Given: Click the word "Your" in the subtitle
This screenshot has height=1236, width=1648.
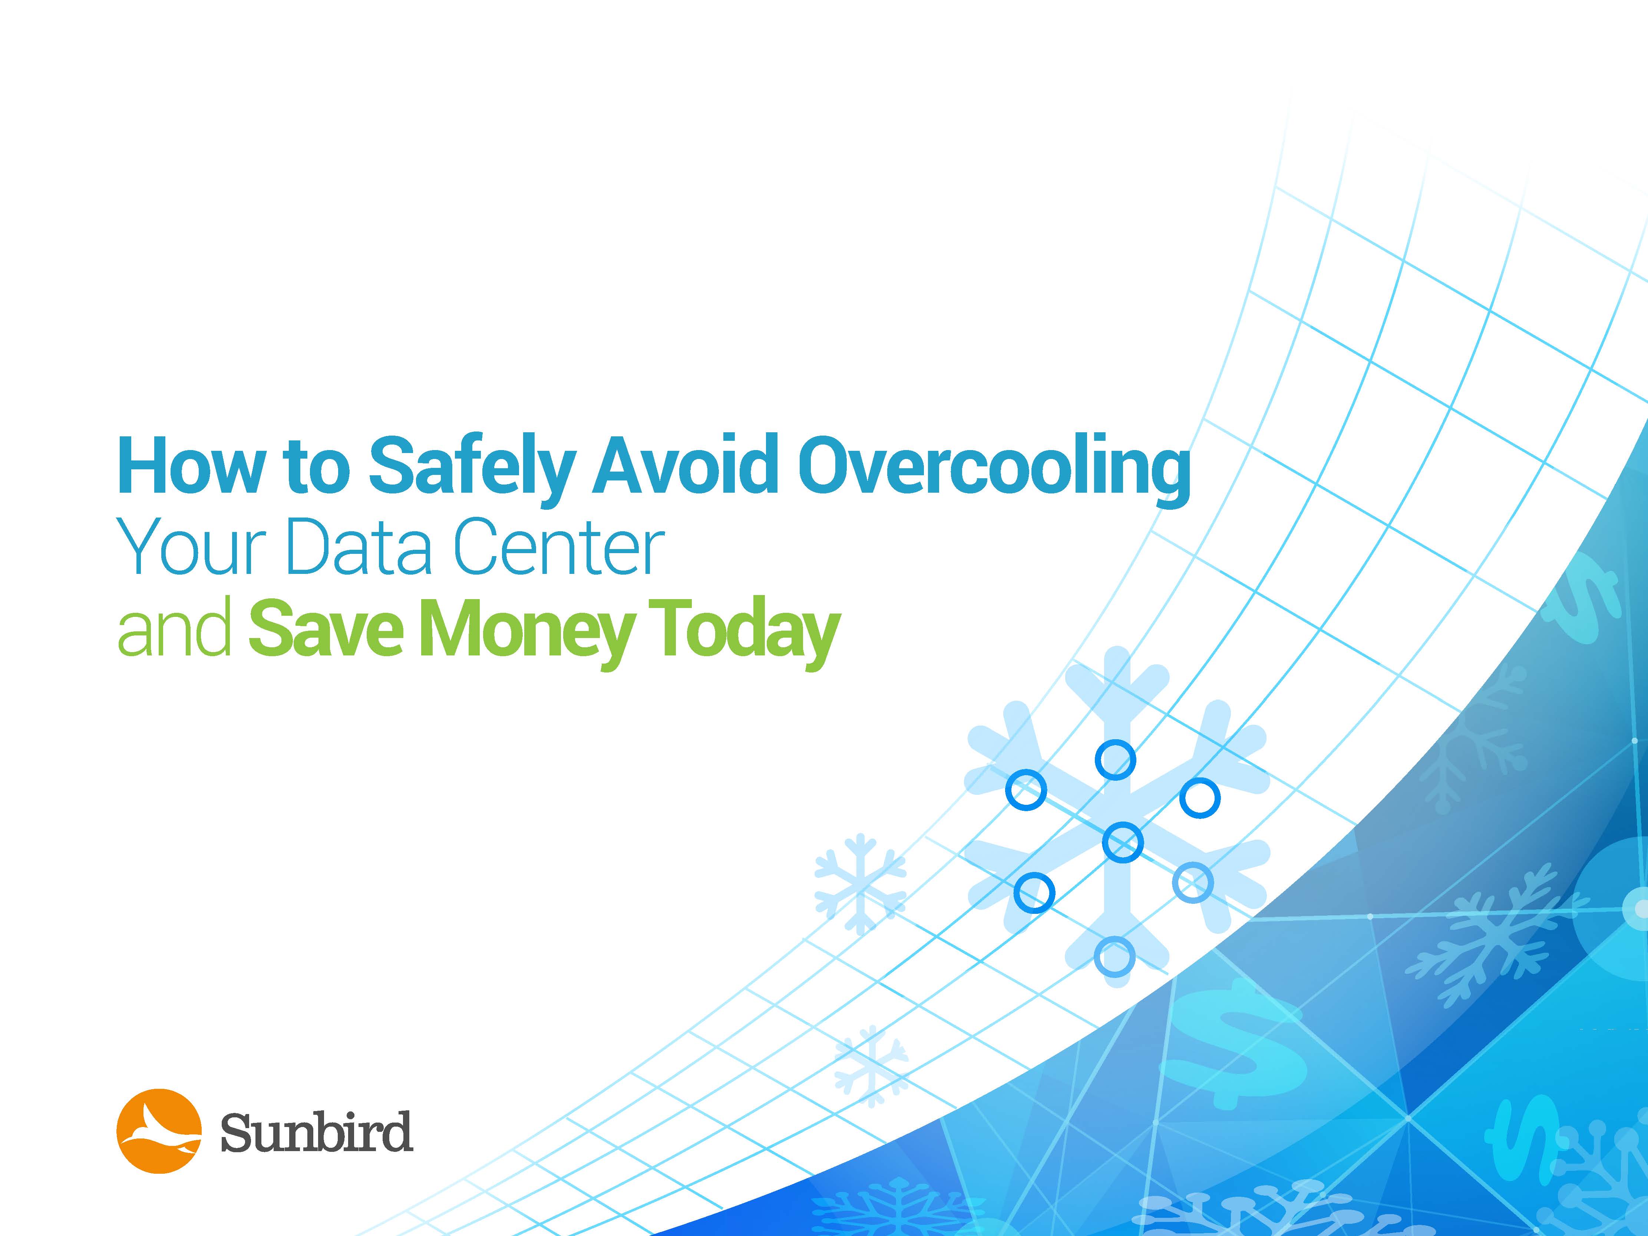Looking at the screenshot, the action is pos(195,548).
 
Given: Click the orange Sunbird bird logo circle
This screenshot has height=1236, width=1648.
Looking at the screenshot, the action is pos(159,1131).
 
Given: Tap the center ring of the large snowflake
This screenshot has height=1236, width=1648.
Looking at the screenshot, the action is pos(1122,843).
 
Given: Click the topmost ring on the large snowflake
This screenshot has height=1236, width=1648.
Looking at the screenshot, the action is pos(1115,760).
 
